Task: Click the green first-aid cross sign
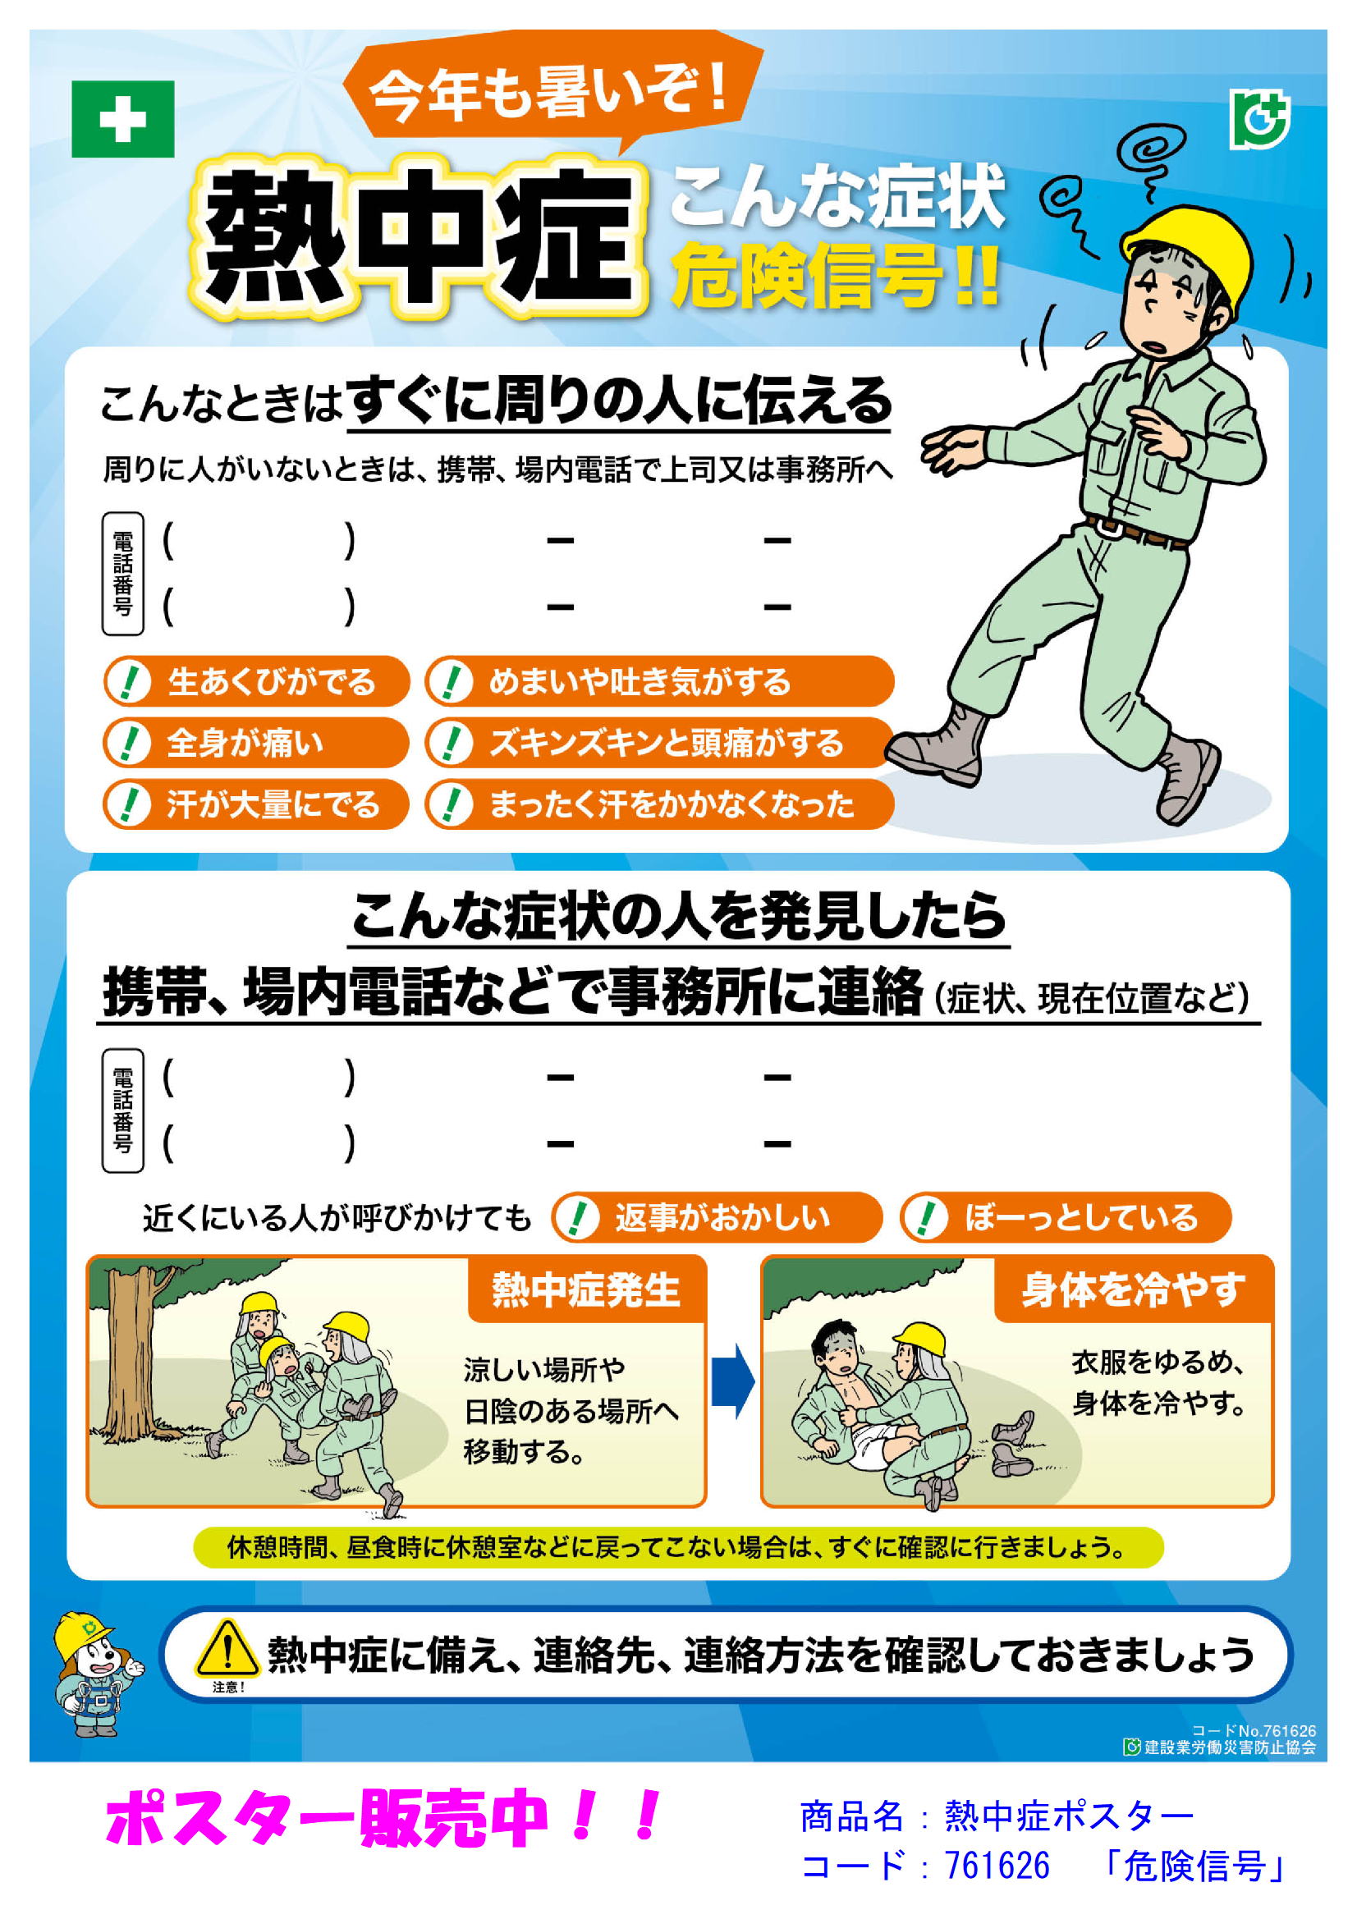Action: coord(123,119)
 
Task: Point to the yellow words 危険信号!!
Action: coord(836,275)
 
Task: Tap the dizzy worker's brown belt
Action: coord(1136,533)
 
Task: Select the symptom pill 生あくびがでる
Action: coord(256,681)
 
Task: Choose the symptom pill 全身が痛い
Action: coord(256,742)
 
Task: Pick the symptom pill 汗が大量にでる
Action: coord(256,804)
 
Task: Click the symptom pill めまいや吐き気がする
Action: coord(660,681)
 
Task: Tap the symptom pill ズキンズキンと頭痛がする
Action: coord(660,742)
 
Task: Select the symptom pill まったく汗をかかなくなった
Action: coord(660,804)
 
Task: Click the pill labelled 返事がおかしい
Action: coord(717,1218)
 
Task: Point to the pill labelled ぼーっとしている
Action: coord(1066,1218)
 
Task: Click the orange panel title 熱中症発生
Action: coord(587,1289)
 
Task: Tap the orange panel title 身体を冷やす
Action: coord(1133,1289)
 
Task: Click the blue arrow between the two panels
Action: coord(733,1381)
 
